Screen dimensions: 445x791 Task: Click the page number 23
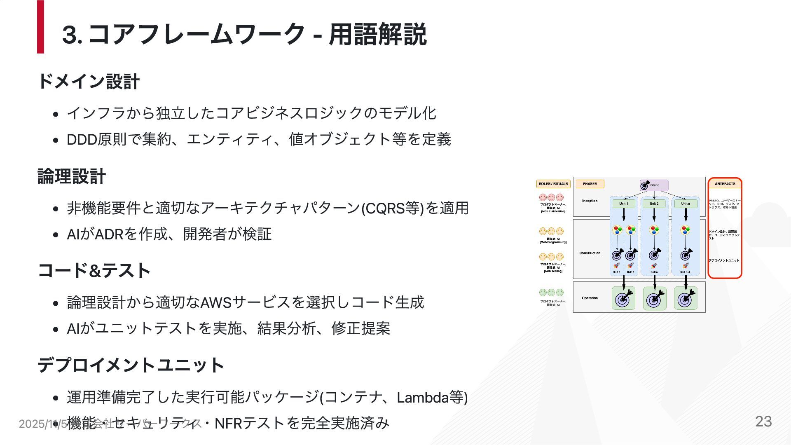tap(763, 422)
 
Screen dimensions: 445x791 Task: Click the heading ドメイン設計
tap(89, 81)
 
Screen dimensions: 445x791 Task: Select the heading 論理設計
tap(72, 176)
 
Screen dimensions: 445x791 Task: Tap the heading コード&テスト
tap(94, 271)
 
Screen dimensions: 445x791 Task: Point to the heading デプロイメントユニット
tap(131, 365)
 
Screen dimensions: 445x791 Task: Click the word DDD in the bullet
tap(82, 140)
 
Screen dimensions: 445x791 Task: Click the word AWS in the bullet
tap(216, 303)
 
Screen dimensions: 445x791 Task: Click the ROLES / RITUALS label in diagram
tap(553, 184)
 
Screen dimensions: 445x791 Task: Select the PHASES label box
tap(590, 184)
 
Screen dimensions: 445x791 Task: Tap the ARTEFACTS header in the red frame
tap(725, 184)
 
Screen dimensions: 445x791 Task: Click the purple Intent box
tap(654, 185)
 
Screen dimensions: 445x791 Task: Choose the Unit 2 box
tap(654, 204)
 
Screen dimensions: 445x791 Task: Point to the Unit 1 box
tap(624, 204)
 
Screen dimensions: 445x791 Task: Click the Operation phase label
tap(590, 298)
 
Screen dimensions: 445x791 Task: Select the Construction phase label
tap(590, 253)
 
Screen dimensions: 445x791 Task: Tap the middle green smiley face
tap(551, 293)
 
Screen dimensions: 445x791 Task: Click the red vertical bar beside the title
tap(40, 27)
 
